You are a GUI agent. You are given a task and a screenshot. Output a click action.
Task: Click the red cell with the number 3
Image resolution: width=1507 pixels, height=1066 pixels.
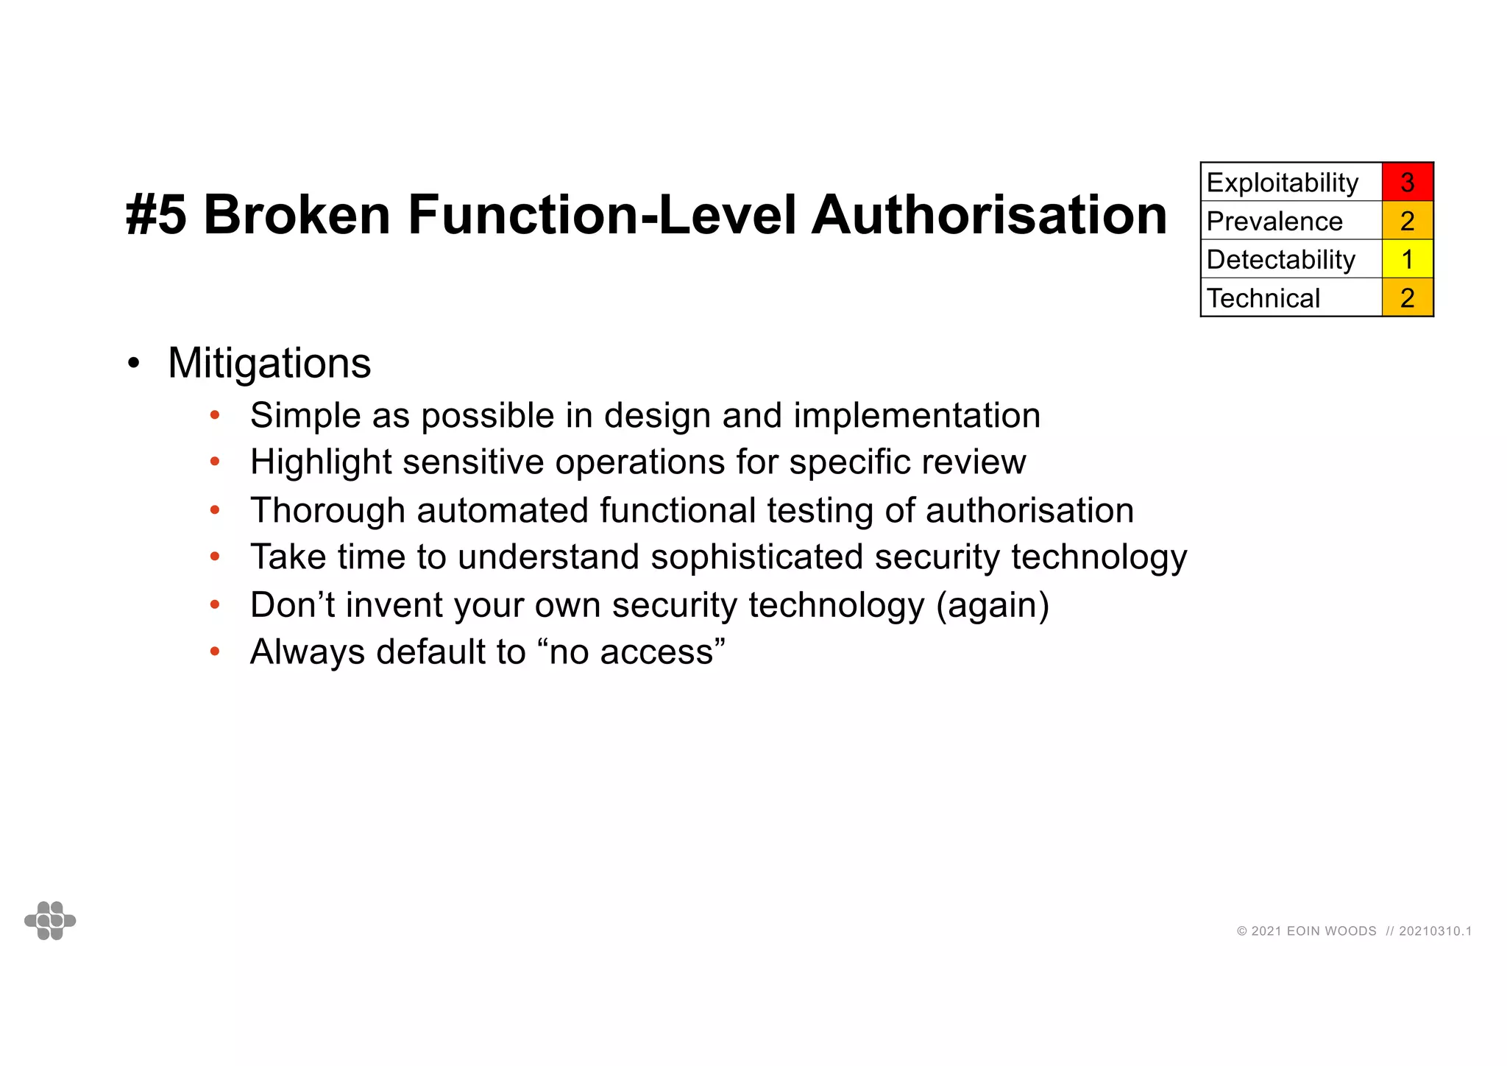[x=1407, y=182]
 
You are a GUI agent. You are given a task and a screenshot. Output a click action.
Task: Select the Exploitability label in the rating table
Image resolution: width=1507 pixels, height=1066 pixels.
[x=1282, y=183]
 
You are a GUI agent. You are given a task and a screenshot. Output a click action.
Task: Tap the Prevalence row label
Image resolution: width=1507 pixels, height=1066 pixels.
[x=1274, y=221]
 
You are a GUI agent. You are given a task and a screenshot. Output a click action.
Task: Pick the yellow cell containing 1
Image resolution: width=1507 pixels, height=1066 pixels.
[x=1407, y=259]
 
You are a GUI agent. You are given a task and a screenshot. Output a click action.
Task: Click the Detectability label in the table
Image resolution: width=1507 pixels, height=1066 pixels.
[x=1280, y=259]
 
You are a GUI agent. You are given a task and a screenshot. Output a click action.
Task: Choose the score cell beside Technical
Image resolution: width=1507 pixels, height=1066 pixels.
[x=1407, y=298]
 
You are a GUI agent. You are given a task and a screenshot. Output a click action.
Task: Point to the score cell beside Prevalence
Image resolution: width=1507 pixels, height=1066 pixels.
[x=1407, y=221]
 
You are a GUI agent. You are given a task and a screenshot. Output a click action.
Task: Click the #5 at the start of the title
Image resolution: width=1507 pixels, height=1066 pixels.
[x=156, y=215]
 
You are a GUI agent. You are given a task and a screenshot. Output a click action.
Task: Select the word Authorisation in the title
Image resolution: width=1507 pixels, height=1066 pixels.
[x=989, y=215]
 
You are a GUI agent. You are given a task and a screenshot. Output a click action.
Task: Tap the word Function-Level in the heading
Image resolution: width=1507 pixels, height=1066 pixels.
[x=602, y=215]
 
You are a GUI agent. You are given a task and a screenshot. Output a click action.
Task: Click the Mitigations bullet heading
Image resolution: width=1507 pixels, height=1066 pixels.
[x=269, y=363]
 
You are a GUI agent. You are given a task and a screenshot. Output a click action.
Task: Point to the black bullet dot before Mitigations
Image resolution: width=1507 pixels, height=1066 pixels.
[x=133, y=363]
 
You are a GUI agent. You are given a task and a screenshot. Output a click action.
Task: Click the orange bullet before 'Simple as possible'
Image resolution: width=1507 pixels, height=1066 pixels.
[x=215, y=415]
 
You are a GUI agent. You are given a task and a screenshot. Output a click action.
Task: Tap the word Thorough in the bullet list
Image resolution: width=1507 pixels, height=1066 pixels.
[x=327, y=510]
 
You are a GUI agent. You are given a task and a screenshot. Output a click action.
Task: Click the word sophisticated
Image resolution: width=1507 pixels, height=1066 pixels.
[x=756, y=557]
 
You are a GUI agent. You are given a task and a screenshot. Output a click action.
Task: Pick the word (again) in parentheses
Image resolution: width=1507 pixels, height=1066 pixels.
[x=993, y=605]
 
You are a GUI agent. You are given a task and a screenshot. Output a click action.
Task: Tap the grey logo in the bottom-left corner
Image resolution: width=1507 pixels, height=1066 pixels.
[x=50, y=920]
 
